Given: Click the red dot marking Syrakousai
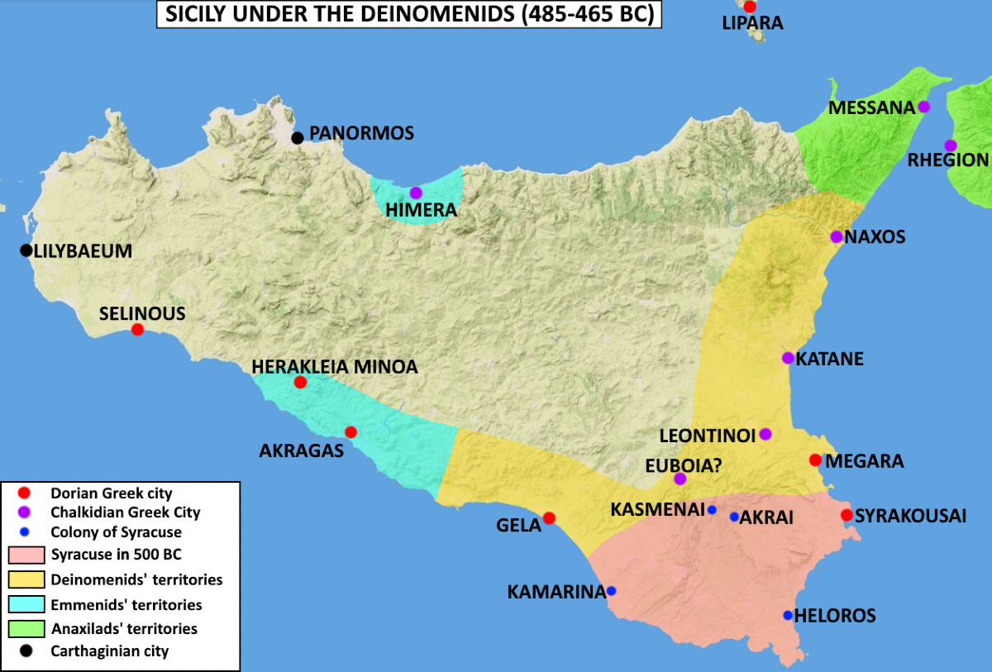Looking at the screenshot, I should coord(847,515).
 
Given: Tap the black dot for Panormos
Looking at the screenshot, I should coord(298,137).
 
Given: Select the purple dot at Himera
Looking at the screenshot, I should coord(416,193).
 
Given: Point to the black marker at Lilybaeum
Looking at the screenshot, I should coord(26,250).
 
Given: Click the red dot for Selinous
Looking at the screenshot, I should coord(137,329).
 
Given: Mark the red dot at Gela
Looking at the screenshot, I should coord(549,518).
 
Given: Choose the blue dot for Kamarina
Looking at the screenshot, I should coord(611,591).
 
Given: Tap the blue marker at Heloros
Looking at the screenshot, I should coord(788,615).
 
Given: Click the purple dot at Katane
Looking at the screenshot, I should coord(788,358).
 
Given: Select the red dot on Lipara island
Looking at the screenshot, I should coord(750,7).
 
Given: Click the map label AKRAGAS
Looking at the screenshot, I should coord(302,452).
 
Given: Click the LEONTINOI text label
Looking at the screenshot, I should coord(707,435).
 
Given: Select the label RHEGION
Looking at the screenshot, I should coord(947,160).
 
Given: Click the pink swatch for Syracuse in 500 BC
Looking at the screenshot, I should coord(26,555).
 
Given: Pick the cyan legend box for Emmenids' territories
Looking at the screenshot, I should coord(26,604).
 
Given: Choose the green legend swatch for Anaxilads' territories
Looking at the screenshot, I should coord(26,628).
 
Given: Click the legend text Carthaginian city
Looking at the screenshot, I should coord(109,651).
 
